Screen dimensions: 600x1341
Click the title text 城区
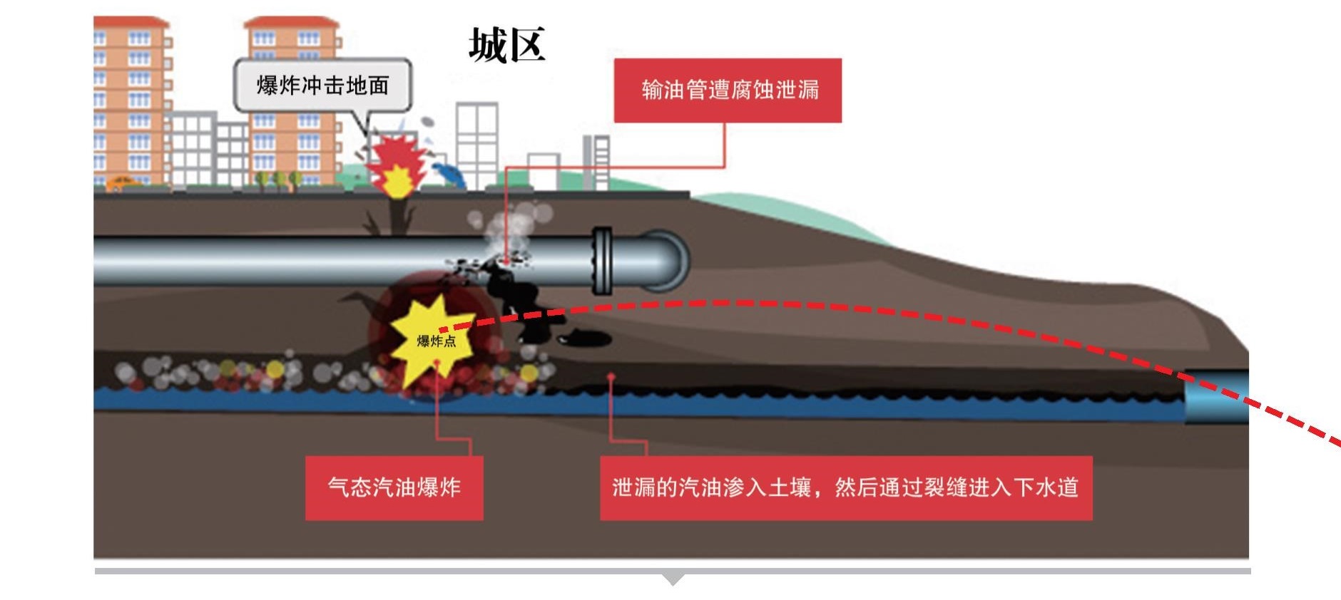click(506, 45)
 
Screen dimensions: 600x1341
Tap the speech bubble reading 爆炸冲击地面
click(322, 86)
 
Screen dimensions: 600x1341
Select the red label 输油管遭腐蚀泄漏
click(728, 90)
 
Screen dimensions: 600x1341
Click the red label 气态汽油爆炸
click(394, 487)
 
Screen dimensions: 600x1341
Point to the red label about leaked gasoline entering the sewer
click(845, 487)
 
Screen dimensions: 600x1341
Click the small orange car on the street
click(123, 184)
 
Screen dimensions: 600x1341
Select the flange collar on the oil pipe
click(603, 261)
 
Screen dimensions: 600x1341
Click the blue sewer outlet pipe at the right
click(1216, 396)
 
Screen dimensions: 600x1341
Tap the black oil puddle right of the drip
click(585, 338)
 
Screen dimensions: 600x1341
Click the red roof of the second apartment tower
click(291, 23)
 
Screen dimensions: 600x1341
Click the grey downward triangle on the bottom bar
click(672, 579)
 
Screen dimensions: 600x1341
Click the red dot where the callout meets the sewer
click(611, 376)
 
